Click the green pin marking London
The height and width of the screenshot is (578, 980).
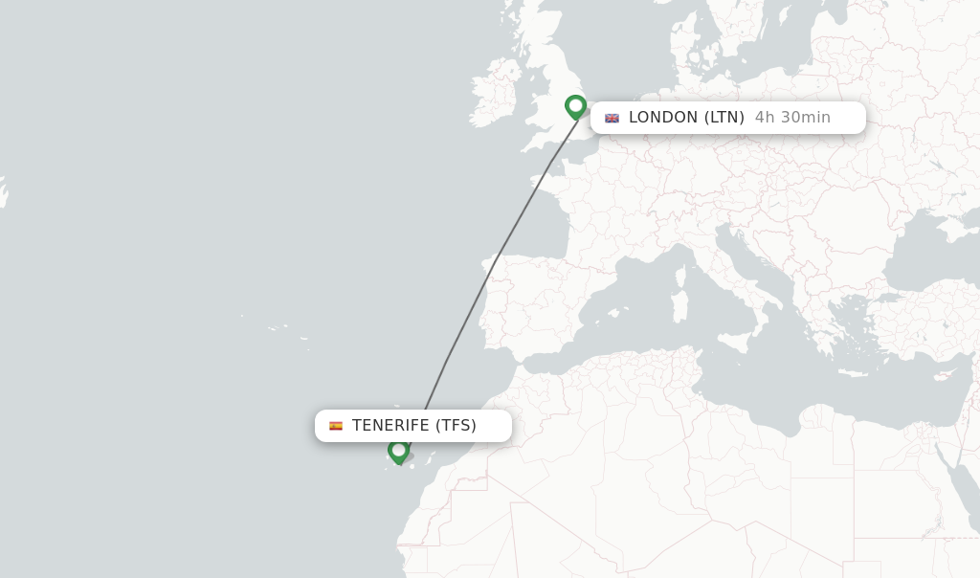(575, 105)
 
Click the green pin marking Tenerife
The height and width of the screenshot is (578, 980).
(399, 449)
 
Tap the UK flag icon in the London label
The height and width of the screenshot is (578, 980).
(612, 119)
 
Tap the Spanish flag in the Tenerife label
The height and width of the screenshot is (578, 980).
(336, 426)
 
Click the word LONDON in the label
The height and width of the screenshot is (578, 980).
(663, 118)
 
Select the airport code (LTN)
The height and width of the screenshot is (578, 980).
(724, 118)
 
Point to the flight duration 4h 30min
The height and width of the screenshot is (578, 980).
(792, 118)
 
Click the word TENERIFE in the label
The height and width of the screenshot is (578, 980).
(390, 426)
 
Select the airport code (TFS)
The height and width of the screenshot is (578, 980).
(456, 426)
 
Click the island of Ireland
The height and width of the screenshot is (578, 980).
(494, 91)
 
